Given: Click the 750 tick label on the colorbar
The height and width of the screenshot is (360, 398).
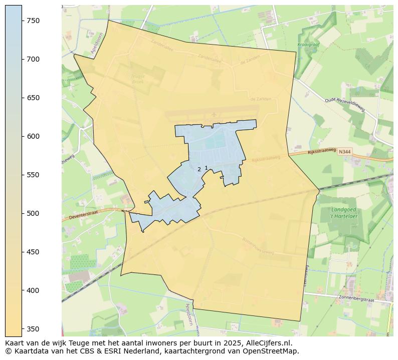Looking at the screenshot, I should [34, 21].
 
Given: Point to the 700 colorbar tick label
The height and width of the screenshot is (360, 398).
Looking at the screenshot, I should [34, 59].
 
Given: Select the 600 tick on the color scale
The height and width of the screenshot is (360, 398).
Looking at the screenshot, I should [34, 136].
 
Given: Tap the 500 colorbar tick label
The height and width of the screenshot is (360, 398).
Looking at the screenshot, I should [34, 213].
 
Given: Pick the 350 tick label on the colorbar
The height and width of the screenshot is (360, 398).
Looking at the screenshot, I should [34, 329].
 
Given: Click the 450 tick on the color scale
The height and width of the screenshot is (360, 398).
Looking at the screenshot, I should [34, 252].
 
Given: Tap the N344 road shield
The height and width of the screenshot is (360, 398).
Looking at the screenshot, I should [344, 151].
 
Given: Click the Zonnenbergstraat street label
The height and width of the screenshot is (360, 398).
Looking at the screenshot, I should [356, 299].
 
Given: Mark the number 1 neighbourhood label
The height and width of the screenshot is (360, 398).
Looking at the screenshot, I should [206, 168].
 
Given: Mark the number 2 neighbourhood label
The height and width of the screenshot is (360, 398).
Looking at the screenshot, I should [199, 170].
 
